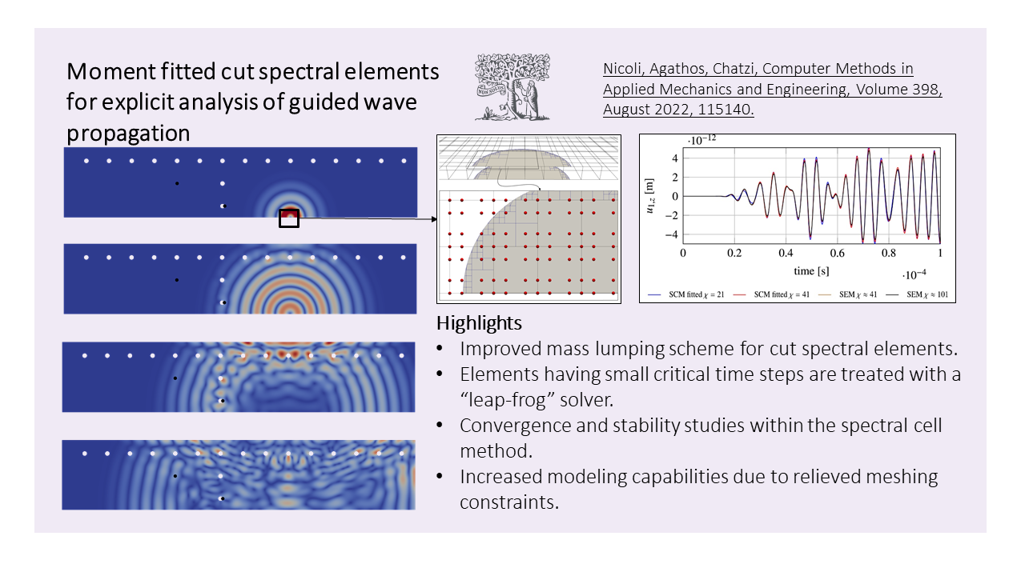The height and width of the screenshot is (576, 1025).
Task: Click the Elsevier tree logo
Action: coord(512,87)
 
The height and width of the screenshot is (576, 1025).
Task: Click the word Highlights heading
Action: coord(479,323)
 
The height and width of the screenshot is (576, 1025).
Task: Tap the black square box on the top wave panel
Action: coord(289,218)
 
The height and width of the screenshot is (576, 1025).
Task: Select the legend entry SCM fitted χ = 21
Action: coord(686,294)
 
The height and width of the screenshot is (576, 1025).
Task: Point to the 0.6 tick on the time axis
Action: coord(837,253)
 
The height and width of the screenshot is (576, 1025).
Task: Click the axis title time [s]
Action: coord(811,271)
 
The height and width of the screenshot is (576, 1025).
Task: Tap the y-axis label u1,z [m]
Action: coord(649,196)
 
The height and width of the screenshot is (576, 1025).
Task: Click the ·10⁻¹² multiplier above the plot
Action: coord(702,140)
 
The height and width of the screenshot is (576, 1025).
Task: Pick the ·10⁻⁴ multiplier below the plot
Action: coord(914,274)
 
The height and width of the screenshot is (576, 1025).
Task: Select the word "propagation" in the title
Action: coord(128,134)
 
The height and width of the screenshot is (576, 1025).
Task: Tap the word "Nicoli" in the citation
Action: coord(624,69)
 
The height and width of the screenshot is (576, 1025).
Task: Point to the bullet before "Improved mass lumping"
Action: coord(440,349)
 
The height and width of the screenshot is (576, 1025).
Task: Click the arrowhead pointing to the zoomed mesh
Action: coord(434,219)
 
